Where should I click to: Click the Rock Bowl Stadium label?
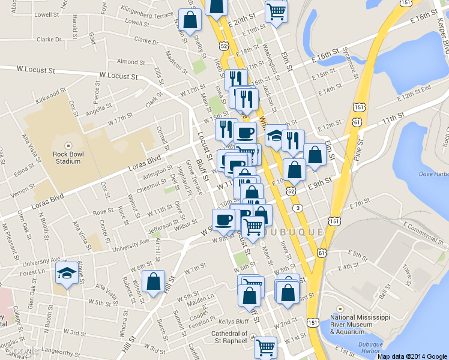tap(68, 157)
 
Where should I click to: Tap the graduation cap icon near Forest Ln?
tap(65, 273)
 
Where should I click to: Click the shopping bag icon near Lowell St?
tap(190, 19)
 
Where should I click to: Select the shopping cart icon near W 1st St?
tap(265, 346)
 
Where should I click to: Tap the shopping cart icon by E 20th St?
tap(276, 10)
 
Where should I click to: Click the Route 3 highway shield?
tap(298, 208)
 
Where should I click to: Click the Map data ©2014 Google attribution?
tap(412, 356)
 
